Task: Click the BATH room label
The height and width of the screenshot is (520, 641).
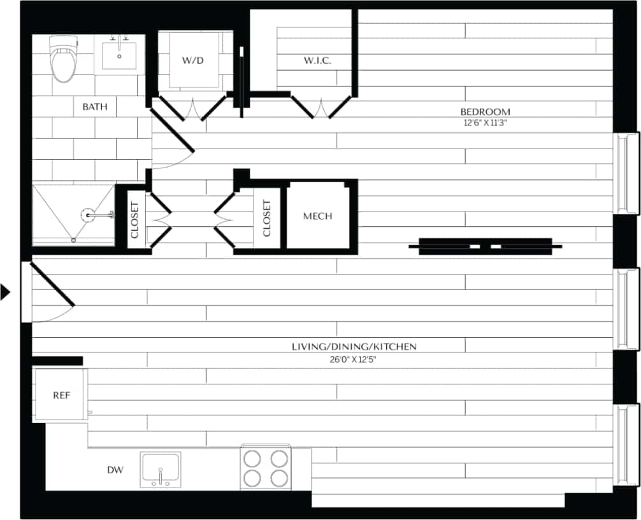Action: [95, 107]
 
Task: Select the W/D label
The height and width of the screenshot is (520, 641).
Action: [193, 61]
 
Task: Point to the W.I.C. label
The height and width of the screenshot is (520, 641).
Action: [317, 61]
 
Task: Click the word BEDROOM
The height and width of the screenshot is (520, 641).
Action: [487, 112]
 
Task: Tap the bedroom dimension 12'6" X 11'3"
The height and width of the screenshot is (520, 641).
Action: [487, 123]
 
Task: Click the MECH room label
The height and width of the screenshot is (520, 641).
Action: [317, 216]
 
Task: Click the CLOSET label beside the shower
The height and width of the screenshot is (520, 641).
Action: [135, 219]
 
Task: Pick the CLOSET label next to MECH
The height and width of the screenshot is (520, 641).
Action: [267, 217]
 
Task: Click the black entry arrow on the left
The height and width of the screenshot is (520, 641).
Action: [5, 292]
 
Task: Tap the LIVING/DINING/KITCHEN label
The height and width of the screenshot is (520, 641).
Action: [354, 347]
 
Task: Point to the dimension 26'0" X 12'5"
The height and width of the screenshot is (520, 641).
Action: [354, 359]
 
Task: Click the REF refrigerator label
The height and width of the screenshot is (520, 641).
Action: [61, 395]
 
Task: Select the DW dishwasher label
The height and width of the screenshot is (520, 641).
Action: [115, 470]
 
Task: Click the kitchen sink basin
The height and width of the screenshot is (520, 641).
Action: [160, 468]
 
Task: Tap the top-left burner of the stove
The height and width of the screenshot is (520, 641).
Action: [253, 458]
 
